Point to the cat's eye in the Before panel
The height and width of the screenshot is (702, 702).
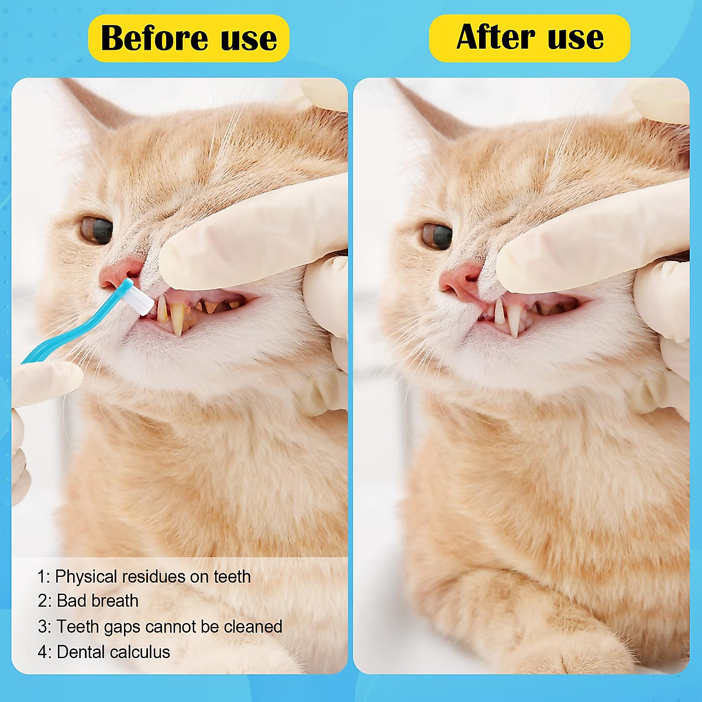pos(96,230)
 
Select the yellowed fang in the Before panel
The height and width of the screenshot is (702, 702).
pos(177,319)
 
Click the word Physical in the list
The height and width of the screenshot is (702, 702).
pos(86,577)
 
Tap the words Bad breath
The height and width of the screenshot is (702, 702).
pos(98,601)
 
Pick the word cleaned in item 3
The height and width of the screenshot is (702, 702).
pos(253,627)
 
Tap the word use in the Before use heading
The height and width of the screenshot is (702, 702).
pos(249,39)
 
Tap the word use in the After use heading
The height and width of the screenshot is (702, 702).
pos(576,37)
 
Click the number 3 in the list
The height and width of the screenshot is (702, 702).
pos(43,627)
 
